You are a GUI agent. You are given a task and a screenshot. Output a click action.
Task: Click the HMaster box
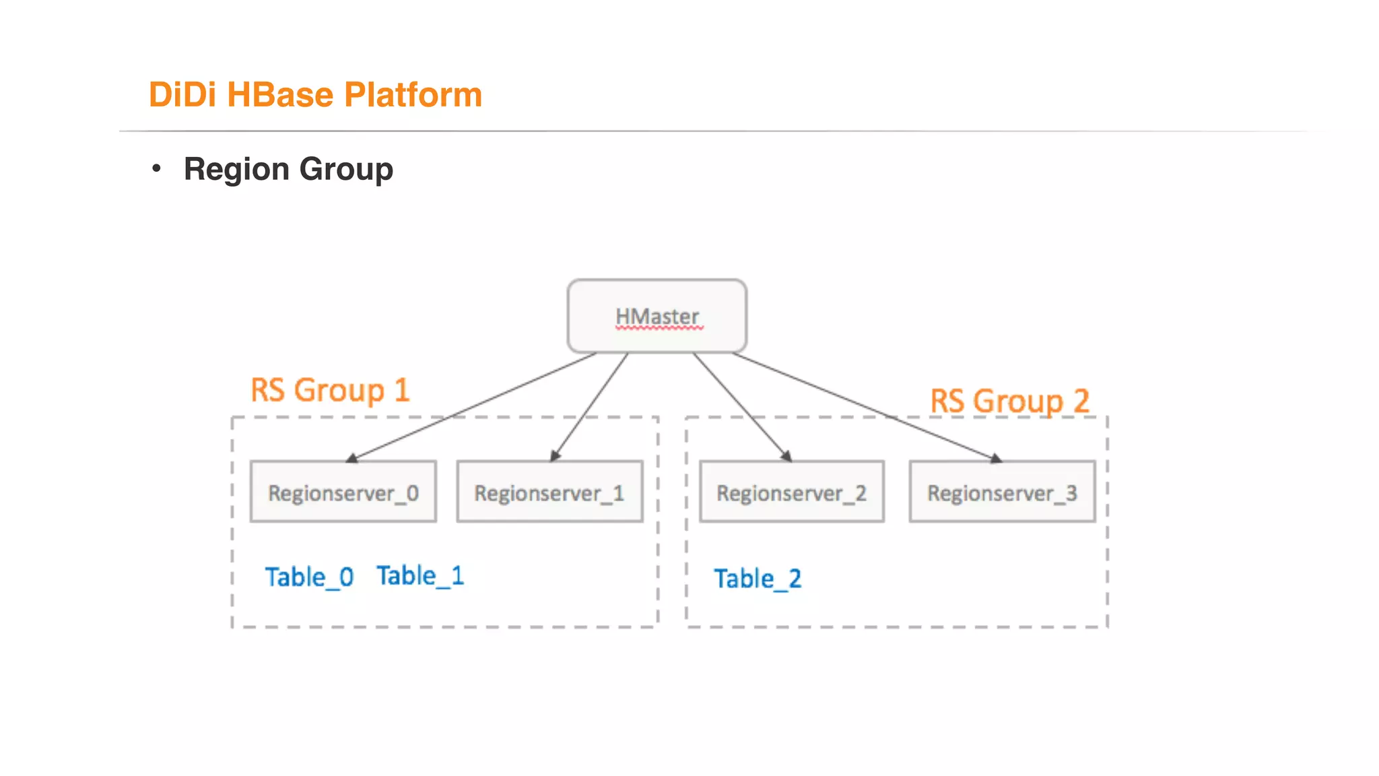(x=657, y=316)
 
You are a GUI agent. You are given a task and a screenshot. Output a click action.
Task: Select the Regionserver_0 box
(x=343, y=492)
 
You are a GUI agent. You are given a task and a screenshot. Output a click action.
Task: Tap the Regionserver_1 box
(x=549, y=492)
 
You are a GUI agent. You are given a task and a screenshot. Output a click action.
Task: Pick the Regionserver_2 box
(x=791, y=492)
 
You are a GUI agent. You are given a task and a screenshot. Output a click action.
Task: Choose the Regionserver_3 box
(x=1002, y=492)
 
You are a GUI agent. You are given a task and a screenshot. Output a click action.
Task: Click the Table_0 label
(x=309, y=577)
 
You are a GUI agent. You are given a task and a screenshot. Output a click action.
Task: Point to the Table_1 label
(x=420, y=576)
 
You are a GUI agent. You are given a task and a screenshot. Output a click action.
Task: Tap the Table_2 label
(x=758, y=579)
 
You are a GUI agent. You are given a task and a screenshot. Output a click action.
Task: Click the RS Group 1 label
(x=329, y=391)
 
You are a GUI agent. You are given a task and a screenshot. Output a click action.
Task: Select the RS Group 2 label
(x=1009, y=401)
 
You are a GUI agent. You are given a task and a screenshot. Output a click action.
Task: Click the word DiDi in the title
(x=182, y=94)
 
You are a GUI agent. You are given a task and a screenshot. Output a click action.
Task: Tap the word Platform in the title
(x=413, y=94)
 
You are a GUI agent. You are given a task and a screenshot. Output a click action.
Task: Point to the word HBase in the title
(x=280, y=94)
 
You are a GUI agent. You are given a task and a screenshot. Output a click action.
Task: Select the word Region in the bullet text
(x=236, y=169)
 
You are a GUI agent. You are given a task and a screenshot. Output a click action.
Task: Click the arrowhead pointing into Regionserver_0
(x=351, y=459)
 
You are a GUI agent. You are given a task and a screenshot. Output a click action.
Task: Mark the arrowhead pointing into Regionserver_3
(x=997, y=459)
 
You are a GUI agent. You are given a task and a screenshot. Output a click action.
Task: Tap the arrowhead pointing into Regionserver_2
(x=786, y=457)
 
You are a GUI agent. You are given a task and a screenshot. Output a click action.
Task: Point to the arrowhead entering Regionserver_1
(x=555, y=457)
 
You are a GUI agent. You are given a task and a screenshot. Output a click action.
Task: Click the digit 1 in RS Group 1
(x=402, y=391)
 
